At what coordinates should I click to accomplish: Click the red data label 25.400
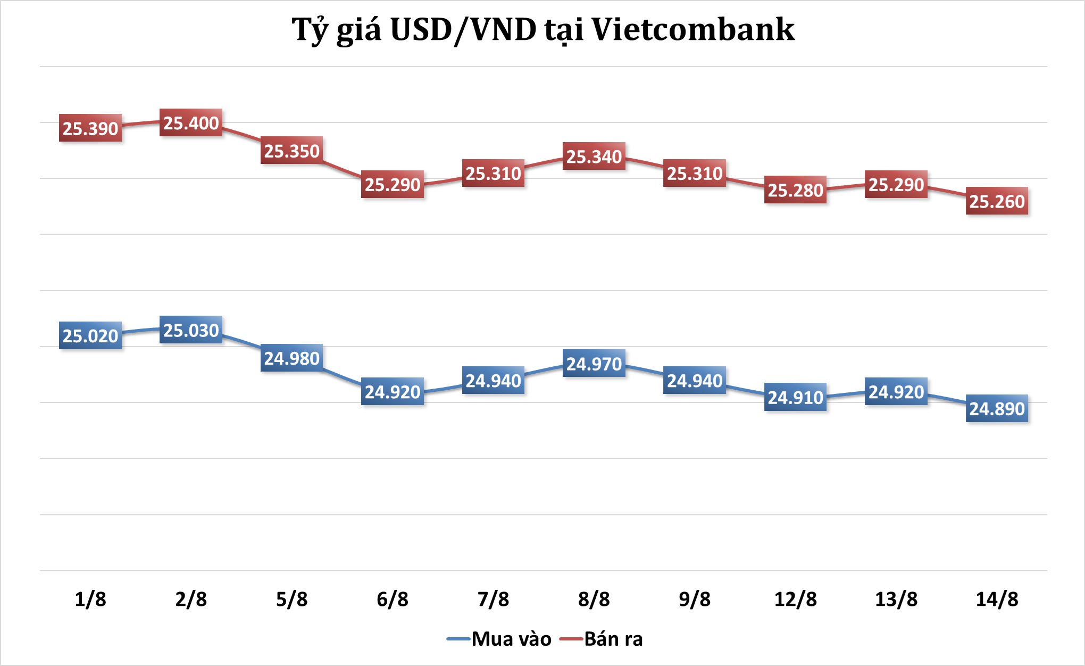tap(191, 123)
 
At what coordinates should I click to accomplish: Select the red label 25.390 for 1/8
tap(90, 128)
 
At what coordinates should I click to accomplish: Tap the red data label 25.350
tap(291, 151)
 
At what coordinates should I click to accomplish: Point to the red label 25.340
tap(594, 157)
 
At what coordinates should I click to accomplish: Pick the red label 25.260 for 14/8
tap(997, 201)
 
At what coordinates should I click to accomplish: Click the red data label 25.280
tap(795, 190)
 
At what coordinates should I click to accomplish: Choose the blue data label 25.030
tap(191, 330)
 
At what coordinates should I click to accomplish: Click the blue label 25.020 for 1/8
tap(90, 336)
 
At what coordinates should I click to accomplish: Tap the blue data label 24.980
tap(291, 358)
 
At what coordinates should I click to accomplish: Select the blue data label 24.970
tap(594, 364)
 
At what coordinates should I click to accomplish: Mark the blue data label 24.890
tap(997, 408)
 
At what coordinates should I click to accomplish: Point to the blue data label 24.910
tap(795, 397)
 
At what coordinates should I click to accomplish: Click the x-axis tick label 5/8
tap(291, 599)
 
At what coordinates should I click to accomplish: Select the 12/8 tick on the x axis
tap(795, 599)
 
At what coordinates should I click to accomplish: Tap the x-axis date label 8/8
tap(594, 599)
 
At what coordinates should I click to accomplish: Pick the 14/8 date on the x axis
tap(997, 599)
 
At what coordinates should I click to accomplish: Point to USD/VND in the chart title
tap(463, 30)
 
